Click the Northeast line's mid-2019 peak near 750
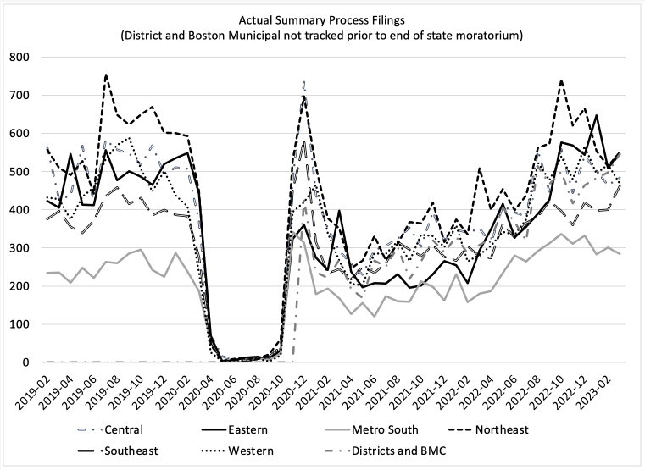click(x=106, y=75)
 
